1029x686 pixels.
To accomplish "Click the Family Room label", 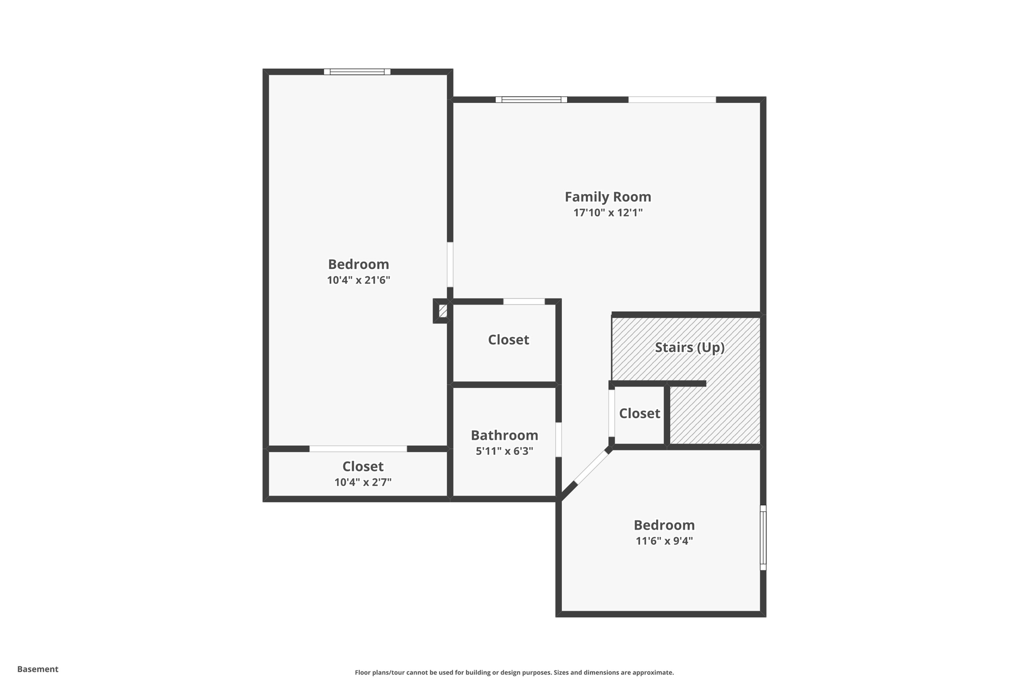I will (x=607, y=197).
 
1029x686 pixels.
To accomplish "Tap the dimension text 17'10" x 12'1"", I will (x=607, y=213).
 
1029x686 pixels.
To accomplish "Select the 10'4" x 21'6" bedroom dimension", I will (x=358, y=280).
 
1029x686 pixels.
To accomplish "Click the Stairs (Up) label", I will (x=689, y=347).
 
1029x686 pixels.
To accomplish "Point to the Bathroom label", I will (x=504, y=435).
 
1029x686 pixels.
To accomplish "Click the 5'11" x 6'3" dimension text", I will (x=504, y=451).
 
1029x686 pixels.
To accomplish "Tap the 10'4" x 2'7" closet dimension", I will (x=363, y=482).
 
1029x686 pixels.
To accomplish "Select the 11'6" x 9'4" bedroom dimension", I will (x=664, y=541).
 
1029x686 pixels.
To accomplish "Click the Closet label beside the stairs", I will (x=639, y=413).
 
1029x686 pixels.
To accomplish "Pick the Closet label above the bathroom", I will (x=508, y=340).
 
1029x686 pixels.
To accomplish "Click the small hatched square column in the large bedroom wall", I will (x=442, y=311).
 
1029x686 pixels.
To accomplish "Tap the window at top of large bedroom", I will (x=357, y=72).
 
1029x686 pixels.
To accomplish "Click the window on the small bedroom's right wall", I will (x=763, y=537).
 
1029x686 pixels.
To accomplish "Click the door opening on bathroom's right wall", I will (x=558, y=440).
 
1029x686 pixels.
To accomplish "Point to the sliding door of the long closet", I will (x=358, y=449).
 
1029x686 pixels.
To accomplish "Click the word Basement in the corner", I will (x=38, y=669).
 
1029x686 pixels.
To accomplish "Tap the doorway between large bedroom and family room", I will (x=450, y=265).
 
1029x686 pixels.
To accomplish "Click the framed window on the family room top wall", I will (x=531, y=100).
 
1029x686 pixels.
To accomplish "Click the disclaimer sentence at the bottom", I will (x=514, y=672).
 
